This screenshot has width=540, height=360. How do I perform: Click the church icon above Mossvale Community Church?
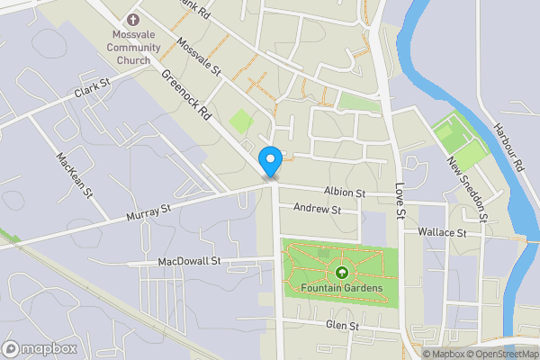(x=133, y=20)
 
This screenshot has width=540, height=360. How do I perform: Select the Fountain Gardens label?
(x=342, y=288)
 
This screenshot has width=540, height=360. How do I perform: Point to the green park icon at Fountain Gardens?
(x=342, y=273)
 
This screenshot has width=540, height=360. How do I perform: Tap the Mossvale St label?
(x=199, y=58)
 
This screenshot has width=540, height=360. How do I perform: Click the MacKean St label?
(x=74, y=172)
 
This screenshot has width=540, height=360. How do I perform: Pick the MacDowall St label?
(x=189, y=261)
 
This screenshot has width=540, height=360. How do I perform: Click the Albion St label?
(x=345, y=193)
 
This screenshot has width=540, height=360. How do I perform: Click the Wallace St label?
(x=442, y=232)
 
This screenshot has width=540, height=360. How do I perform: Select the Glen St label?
(x=343, y=325)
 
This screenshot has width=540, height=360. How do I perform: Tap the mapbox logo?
(x=39, y=348)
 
